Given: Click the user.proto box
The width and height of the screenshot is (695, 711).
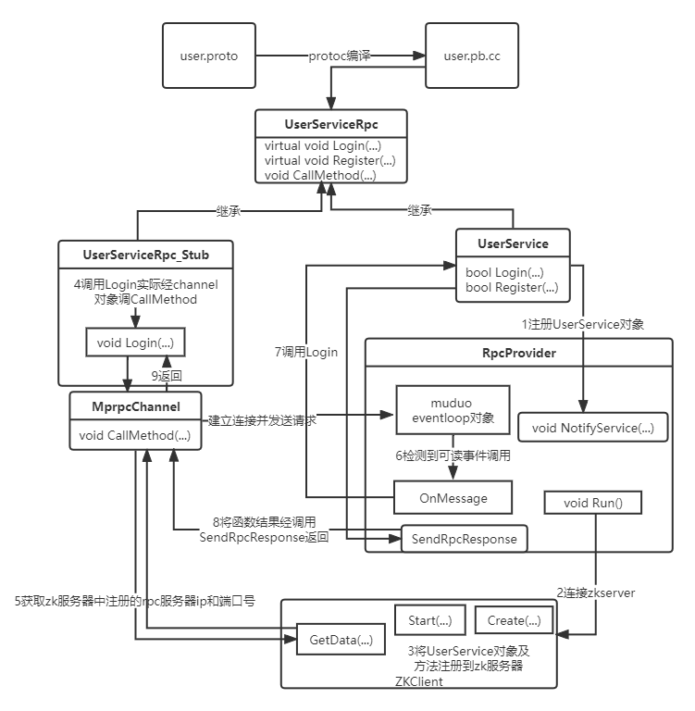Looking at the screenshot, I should point(208,56).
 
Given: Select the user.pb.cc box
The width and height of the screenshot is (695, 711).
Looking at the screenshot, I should point(471,56).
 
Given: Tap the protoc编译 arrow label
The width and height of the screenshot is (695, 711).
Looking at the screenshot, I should point(340,56).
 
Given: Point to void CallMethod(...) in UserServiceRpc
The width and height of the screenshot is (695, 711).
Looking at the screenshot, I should point(320,174).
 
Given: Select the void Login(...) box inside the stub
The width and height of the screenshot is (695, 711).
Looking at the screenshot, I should point(134,343).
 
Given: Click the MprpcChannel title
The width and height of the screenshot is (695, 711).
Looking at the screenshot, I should point(137,406).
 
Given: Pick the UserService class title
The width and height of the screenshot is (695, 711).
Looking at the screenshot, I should point(513,243).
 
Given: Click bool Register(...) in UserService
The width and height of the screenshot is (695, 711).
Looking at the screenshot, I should point(511,287).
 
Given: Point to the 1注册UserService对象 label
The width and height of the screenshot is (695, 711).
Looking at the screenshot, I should point(583,324).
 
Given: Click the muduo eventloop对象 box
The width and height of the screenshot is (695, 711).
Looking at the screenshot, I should point(452,410).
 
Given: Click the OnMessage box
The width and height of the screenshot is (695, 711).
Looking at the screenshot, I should point(453,498).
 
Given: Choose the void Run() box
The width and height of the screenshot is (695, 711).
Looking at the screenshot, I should point(593,503).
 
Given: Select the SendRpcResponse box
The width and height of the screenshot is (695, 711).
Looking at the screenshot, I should point(464,538).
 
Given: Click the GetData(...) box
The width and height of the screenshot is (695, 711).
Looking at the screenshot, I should point(339,639).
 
